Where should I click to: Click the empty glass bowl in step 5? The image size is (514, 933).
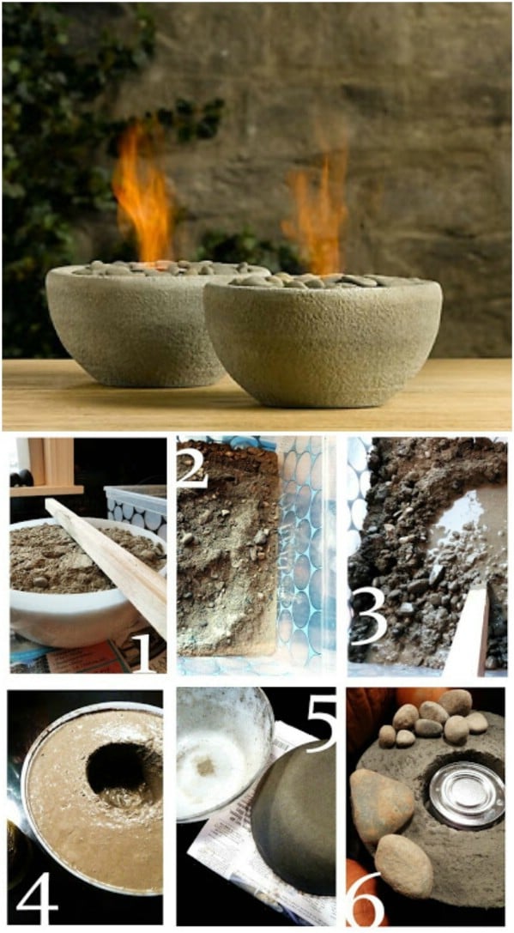coord(223,754)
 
